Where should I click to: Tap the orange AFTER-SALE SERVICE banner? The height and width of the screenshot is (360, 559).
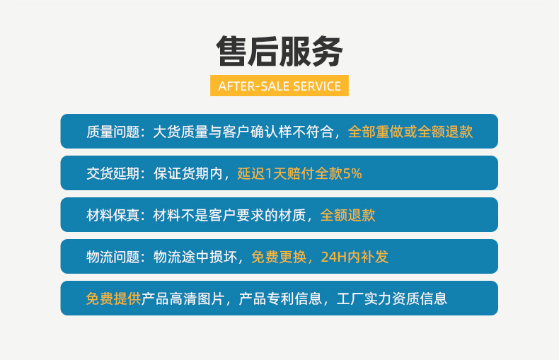point(279,86)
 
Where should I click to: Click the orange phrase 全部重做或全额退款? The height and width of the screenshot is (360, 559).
point(410,132)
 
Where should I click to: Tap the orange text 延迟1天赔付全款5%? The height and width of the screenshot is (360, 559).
point(299,173)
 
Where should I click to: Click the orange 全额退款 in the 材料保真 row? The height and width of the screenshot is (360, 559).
point(347,215)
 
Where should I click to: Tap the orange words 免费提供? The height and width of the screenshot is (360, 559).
point(113,298)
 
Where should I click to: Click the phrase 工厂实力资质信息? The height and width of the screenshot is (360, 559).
point(391,298)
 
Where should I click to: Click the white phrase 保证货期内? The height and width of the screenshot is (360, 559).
point(188,173)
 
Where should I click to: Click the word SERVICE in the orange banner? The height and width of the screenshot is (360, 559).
point(316,86)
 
